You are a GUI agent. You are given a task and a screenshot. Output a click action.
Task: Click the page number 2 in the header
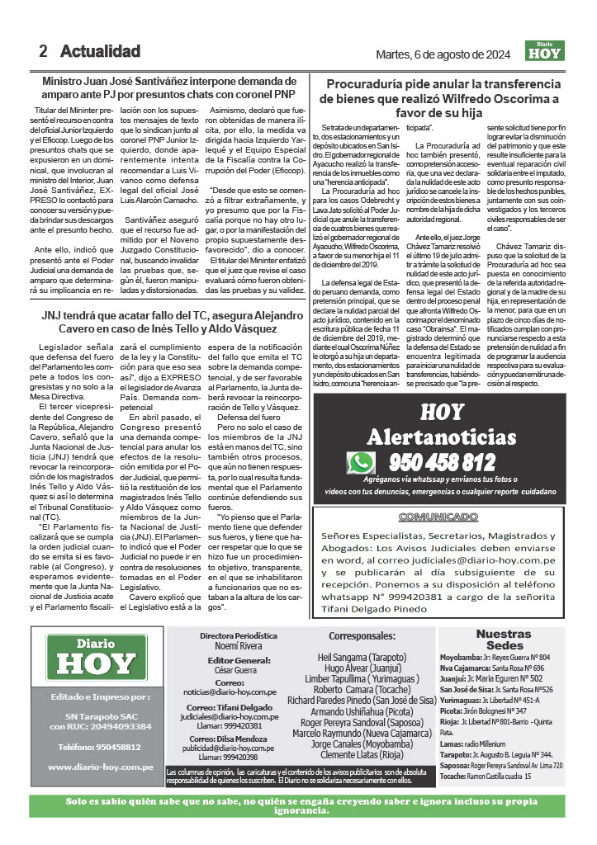tap(43, 51)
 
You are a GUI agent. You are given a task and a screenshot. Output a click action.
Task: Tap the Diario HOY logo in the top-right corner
tap(543, 51)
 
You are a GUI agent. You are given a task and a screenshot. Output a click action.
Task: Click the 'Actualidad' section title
tap(100, 51)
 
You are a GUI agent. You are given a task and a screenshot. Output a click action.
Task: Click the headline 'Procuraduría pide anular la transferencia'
tap(443, 84)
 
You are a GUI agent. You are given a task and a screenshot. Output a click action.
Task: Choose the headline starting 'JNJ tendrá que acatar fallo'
tap(172, 322)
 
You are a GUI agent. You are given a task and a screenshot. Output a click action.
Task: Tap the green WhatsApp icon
tap(361, 462)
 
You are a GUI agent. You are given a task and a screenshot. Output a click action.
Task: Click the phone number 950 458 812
tap(442, 462)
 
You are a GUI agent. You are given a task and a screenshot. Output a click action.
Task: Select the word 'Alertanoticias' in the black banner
tap(443, 436)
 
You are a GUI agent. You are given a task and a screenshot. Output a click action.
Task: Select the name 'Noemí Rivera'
tap(238, 648)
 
